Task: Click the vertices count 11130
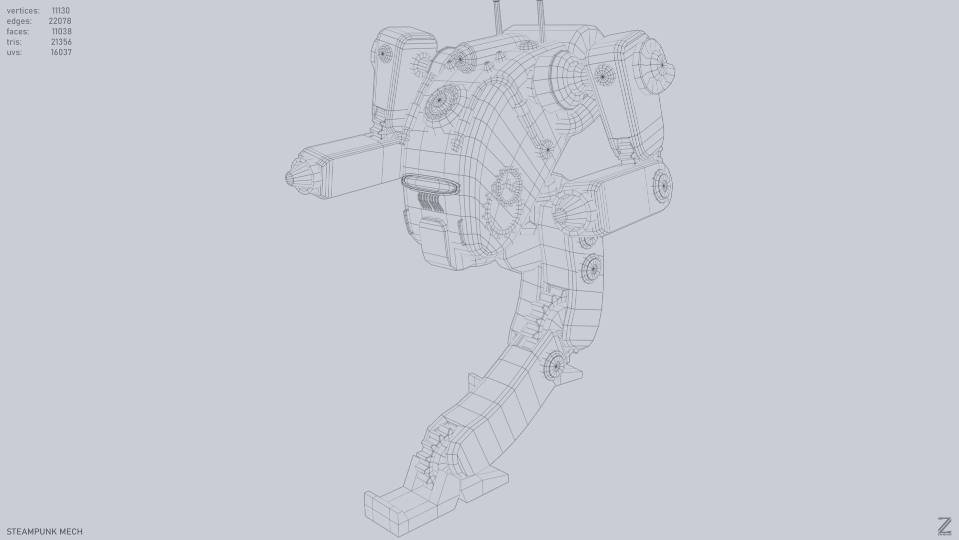coord(60,10)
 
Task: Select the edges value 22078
coord(59,21)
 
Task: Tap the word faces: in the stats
coord(17,31)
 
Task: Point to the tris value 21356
coord(61,42)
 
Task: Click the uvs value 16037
coord(61,52)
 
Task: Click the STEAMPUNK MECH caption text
coord(44,531)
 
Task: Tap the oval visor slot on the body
coord(430,183)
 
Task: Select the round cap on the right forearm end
coord(662,186)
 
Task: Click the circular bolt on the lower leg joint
coord(554,366)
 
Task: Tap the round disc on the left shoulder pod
coord(385,52)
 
